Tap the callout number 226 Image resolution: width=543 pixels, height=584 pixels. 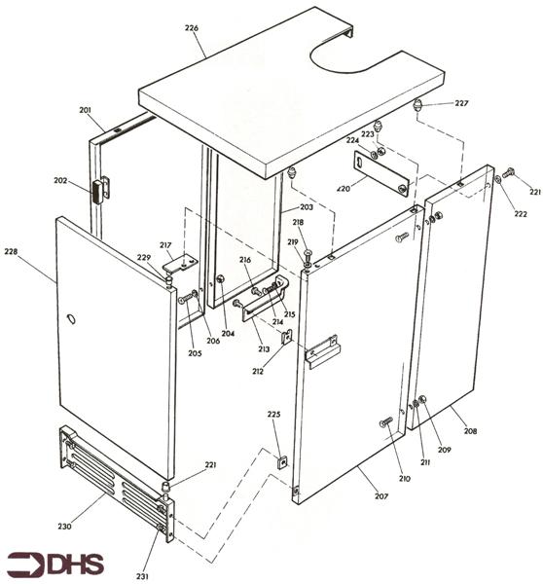pos(191,27)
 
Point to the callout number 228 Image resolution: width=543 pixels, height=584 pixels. pos(11,252)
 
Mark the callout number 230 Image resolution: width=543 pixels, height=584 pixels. pos(65,527)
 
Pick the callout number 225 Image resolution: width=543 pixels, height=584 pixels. pos(274,415)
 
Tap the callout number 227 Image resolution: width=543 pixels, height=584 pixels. pos(461,103)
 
